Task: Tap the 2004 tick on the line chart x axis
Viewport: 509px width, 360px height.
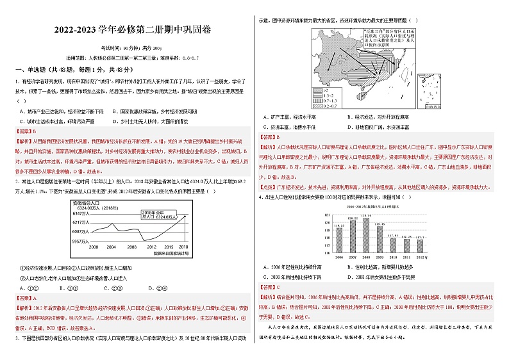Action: [x=112, y=247]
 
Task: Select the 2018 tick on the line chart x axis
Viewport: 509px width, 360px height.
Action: [x=183, y=247]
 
